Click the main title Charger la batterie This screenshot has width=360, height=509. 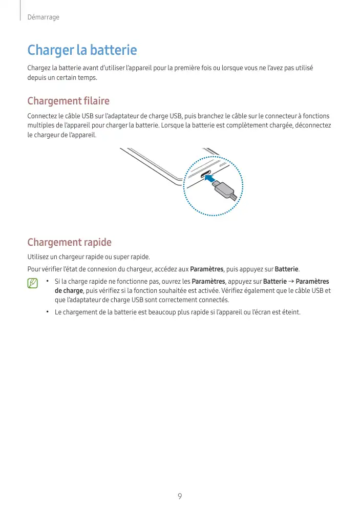[x=82, y=50]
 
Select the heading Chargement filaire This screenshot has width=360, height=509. [x=68, y=101]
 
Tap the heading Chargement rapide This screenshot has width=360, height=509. [x=69, y=242]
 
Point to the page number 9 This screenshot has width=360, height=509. [x=180, y=496]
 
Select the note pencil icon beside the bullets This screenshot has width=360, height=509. [x=33, y=283]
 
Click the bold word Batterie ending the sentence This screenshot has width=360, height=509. [x=287, y=269]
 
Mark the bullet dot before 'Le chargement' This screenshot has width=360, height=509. [x=47, y=312]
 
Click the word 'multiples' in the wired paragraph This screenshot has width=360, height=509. [x=40, y=125]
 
